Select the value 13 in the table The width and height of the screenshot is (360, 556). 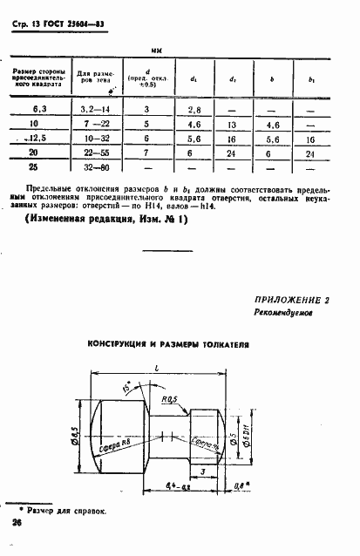click(232, 124)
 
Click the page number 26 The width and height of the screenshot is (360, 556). click(17, 523)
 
